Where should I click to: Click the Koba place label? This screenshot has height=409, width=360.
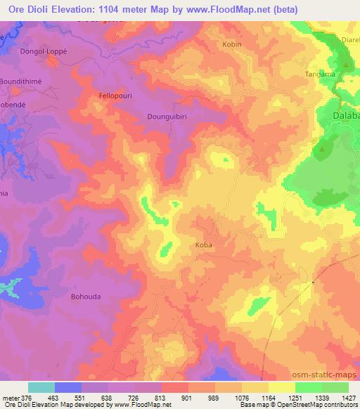(x=202, y=245)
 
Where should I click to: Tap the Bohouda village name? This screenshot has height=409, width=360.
(x=86, y=297)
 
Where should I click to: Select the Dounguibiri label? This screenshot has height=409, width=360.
(x=167, y=117)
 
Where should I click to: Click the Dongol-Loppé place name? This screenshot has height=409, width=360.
(x=45, y=51)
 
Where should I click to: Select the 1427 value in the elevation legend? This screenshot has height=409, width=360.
(x=348, y=398)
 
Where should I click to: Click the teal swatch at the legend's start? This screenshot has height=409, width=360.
(x=41, y=387)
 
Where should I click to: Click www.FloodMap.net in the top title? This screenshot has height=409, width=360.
(x=215, y=9)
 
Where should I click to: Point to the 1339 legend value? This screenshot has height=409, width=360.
(x=321, y=398)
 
